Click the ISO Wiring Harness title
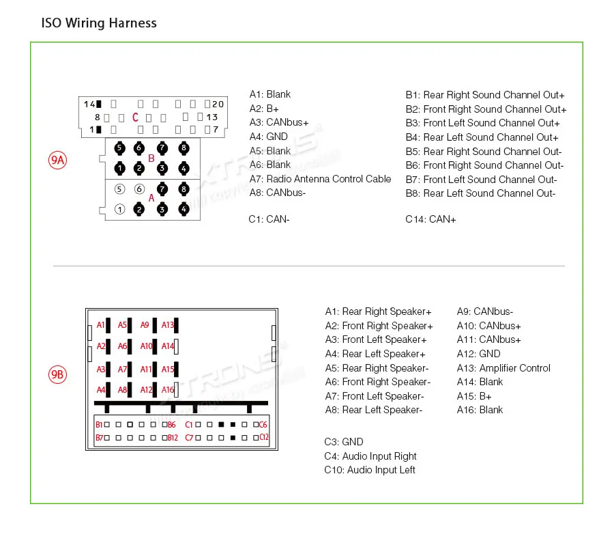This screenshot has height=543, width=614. [99, 23]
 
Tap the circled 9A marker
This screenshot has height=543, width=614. [57, 161]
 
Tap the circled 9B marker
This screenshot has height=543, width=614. [57, 374]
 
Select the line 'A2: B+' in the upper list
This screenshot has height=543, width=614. [264, 109]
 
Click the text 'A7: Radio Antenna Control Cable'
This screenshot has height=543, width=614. [320, 179]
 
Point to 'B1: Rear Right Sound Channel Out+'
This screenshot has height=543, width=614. [485, 95]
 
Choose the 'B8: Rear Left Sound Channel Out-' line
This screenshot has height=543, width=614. [480, 193]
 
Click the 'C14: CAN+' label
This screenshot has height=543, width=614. [430, 219]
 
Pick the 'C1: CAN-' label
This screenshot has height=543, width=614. [269, 219]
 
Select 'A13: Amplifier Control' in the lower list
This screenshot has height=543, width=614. [503, 368]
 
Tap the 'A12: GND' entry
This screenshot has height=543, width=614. [478, 354]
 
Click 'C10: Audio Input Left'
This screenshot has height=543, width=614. [370, 470]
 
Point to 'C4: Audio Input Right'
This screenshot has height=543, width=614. [370, 456]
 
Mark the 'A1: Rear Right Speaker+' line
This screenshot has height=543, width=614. [378, 311]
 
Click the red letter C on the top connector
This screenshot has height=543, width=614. [135, 117]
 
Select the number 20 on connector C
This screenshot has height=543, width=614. [218, 104]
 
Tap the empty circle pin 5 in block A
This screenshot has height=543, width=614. [120, 189]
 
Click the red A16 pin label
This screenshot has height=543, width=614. [168, 390]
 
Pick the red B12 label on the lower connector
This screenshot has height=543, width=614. [173, 438]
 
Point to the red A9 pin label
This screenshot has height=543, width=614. [145, 325]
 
